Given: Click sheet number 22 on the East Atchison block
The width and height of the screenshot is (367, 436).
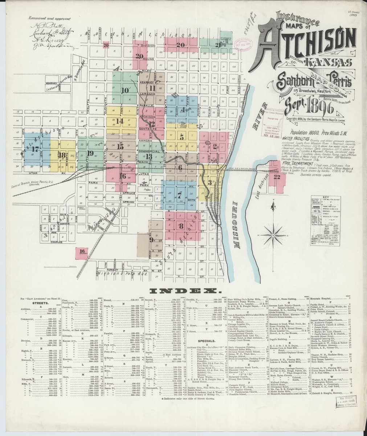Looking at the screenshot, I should tap(277, 177).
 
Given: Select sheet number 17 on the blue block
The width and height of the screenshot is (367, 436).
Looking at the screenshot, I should tap(35, 149).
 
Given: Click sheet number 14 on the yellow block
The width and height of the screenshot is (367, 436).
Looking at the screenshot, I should tap(120, 121).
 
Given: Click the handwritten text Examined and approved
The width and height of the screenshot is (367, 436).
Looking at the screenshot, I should tap(53, 18).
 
